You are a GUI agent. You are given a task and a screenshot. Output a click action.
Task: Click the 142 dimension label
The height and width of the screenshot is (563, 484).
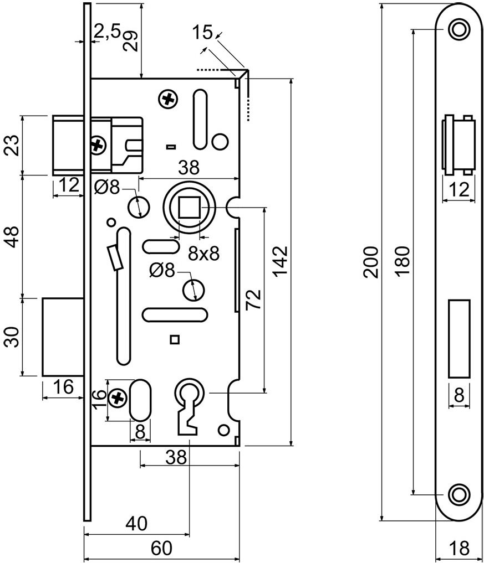coord(280,261)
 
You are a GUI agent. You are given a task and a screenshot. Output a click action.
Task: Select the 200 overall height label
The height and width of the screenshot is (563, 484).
coord(371,262)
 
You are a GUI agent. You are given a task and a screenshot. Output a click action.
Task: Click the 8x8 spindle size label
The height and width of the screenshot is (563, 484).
coord(204,254)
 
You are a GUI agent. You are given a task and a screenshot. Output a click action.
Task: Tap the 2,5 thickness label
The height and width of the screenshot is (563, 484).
coord(107,31)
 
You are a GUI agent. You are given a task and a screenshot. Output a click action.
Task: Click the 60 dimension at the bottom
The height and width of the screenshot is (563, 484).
coord(161,548)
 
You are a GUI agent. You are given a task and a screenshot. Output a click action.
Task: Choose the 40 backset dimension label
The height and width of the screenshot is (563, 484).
coord(136,524)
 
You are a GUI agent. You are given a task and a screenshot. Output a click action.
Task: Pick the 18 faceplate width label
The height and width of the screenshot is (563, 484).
coord(459,548)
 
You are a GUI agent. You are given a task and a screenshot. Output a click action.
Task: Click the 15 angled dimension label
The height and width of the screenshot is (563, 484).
coord(202,32)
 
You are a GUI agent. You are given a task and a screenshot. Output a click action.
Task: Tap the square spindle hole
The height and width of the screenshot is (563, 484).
coord(189,207)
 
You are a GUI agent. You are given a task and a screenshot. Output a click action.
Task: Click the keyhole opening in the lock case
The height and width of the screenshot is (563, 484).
coord(188,407)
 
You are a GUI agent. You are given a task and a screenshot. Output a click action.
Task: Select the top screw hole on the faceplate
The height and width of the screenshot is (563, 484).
coord(459,29)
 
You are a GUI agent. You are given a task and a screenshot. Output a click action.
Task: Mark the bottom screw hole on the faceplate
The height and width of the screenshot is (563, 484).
coord(459,495)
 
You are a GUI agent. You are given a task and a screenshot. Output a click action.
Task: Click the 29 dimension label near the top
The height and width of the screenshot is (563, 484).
coord(130,42)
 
